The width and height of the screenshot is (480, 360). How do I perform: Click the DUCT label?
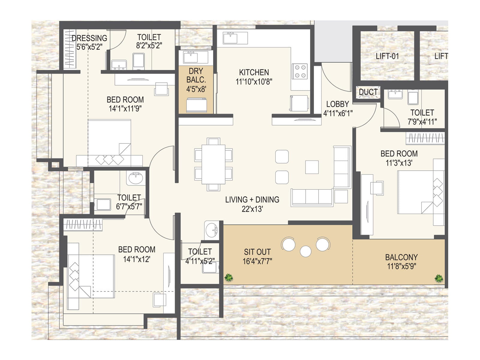[x=368, y=92]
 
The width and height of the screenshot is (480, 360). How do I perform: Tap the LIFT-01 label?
[x=387, y=56]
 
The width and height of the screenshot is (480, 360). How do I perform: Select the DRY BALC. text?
[x=196, y=75]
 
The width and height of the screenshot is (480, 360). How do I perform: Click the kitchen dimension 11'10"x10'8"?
[x=254, y=82]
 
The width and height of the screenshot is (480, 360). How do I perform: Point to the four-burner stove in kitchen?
[x=300, y=71]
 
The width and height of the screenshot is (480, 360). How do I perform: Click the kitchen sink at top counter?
[x=230, y=38]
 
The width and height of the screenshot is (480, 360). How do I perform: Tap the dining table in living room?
[x=213, y=164]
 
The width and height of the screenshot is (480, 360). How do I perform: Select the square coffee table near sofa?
[x=312, y=167]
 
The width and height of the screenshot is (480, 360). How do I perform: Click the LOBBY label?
[x=337, y=104]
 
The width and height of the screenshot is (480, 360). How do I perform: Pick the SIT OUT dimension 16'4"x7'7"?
[x=257, y=261]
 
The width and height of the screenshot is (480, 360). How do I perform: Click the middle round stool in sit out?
[x=305, y=251]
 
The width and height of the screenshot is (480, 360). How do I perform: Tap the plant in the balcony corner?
[x=439, y=278]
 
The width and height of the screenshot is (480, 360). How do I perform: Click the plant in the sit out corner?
[x=229, y=277]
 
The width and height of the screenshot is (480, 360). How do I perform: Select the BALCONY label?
[x=401, y=257]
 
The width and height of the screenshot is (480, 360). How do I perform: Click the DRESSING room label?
[x=89, y=38]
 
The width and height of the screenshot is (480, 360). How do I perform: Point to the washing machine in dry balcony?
[x=196, y=105]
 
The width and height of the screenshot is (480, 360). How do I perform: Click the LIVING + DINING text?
[x=252, y=199]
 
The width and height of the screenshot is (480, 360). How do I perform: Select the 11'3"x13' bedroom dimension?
[x=399, y=163]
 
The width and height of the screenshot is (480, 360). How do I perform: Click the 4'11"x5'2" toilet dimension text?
[x=200, y=261]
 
